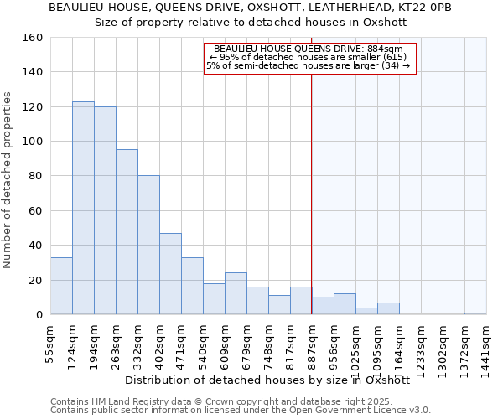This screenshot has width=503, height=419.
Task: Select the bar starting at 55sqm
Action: [61, 286]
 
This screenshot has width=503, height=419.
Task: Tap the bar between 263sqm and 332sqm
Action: [127, 232]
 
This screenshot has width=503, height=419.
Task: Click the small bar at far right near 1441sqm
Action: [475, 313]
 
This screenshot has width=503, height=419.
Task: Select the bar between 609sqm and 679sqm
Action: [236, 293]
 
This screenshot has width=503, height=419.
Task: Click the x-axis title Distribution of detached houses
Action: [267, 380]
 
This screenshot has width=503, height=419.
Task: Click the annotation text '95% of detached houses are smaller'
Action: [308, 57]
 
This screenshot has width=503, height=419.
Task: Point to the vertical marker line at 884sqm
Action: [311, 193]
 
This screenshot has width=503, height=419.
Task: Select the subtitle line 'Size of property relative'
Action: [251, 22]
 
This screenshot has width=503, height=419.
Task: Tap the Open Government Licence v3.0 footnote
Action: [241, 410]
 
